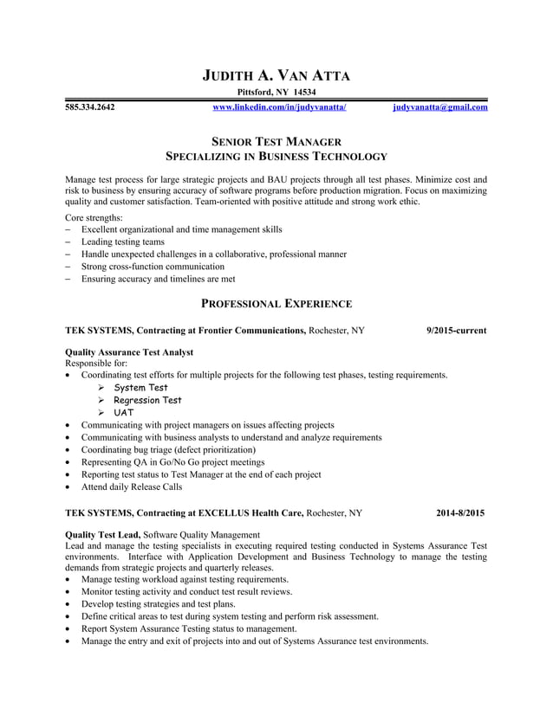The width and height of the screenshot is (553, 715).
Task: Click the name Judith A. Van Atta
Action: coord(276,74)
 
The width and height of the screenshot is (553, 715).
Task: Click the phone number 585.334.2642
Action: coord(90,108)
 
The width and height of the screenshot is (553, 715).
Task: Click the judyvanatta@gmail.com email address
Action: coord(439,108)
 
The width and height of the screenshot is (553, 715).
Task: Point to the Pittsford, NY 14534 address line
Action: coord(276,93)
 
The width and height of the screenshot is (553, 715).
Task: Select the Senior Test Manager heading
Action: coord(276,141)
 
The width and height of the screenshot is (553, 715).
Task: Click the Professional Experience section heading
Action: coord(276,304)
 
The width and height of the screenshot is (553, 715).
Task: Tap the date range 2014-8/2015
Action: coord(460,513)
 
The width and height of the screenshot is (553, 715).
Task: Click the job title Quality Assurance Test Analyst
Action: coord(129,352)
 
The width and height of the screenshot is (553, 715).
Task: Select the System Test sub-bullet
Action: coord(140,388)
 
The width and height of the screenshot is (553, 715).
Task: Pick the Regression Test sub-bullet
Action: coord(147,400)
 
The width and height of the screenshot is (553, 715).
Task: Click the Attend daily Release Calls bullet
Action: coord(132,487)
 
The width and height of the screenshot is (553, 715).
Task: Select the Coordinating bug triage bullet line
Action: coord(168,450)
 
